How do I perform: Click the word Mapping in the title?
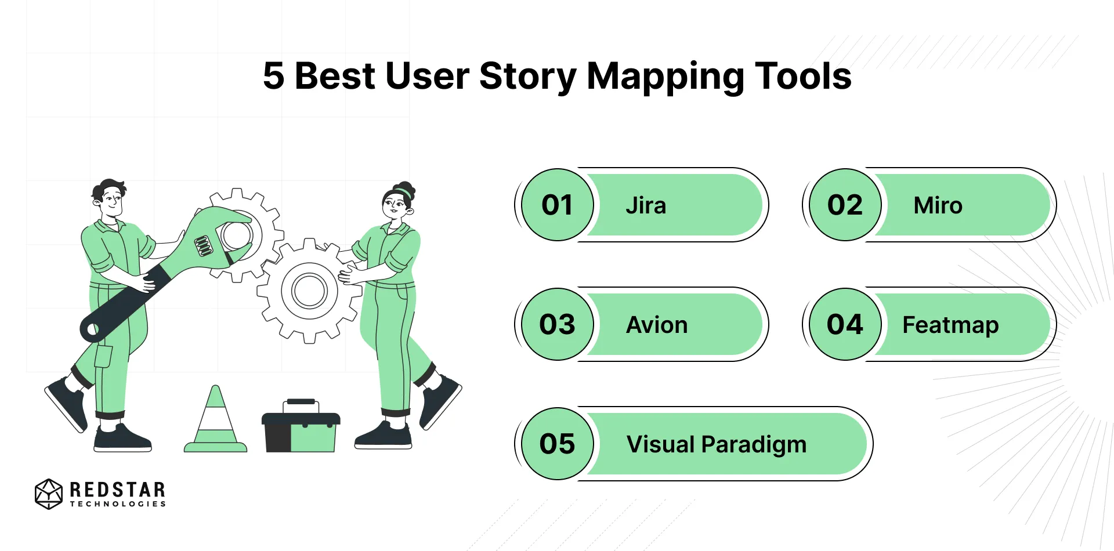click(x=665, y=77)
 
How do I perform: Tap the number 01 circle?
click(x=557, y=205)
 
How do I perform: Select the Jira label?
click(x=646, y=206)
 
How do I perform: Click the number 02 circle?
click(x=845, y=205)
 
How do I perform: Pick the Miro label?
click(x=938, y=206)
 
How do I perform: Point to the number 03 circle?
click(x=557, y=325)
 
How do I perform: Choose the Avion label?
click(x=657, y=325)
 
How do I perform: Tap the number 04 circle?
click(x=845, y=325)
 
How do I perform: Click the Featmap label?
click(x=950, y=325)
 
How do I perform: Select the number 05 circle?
click(x=557, y=444)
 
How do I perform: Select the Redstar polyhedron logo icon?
click(x=48, y=494)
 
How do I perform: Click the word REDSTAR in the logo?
click(x=117, y=490)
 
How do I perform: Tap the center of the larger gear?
click(x=309, y=291)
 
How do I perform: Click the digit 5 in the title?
click(x=273, y=76)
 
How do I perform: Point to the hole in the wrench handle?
click(x=92, y=331)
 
